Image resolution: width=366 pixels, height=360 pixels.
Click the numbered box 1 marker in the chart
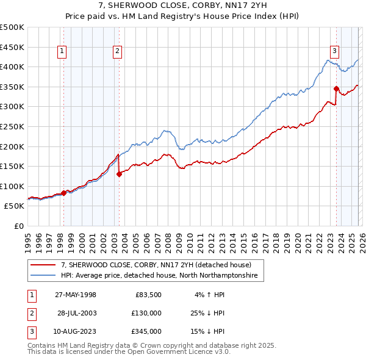click(x=63, y=52)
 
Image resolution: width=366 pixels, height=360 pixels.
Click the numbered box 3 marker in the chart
click(x=335, y=52)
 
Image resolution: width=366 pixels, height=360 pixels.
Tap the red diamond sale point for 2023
click(x=336, y=89)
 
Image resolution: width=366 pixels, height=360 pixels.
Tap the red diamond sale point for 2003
click(x=119, y=174)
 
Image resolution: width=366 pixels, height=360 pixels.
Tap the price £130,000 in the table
click(x=147, y=313)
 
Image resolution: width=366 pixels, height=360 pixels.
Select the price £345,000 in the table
click(x=147, y=331)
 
